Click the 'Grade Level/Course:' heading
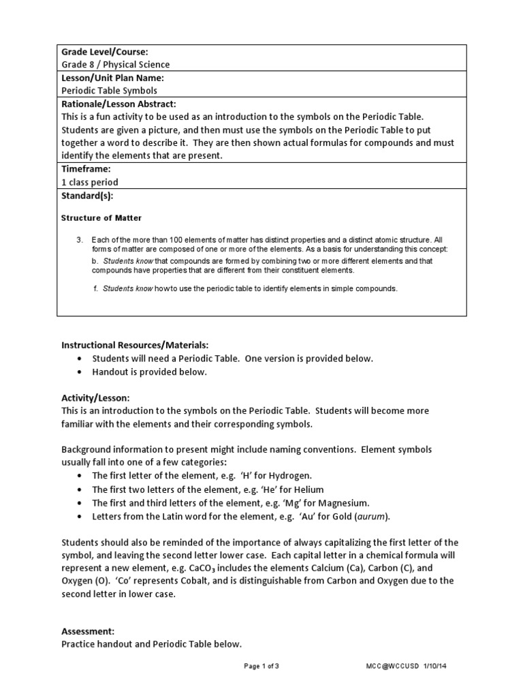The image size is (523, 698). click(105, 52)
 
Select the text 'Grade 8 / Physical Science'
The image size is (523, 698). click(116, 65)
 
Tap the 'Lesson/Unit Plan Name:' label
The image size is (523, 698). click(112, 78)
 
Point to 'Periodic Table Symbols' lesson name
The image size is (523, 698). click(109, 91)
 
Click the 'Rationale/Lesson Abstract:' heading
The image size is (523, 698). click(118, 104)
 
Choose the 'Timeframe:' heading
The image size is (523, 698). click(86, 169)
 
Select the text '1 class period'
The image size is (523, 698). click(90, 182)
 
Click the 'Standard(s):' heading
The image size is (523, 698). click(88, 195)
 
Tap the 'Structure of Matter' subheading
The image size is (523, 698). click(101, 218)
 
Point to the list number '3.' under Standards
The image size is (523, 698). click(79, 240)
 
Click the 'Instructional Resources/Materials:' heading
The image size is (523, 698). click(135, 346)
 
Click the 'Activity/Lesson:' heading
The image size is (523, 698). click(95, 397)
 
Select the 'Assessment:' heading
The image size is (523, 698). click(88, 631)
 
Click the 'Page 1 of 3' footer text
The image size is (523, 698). click(261, 666)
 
